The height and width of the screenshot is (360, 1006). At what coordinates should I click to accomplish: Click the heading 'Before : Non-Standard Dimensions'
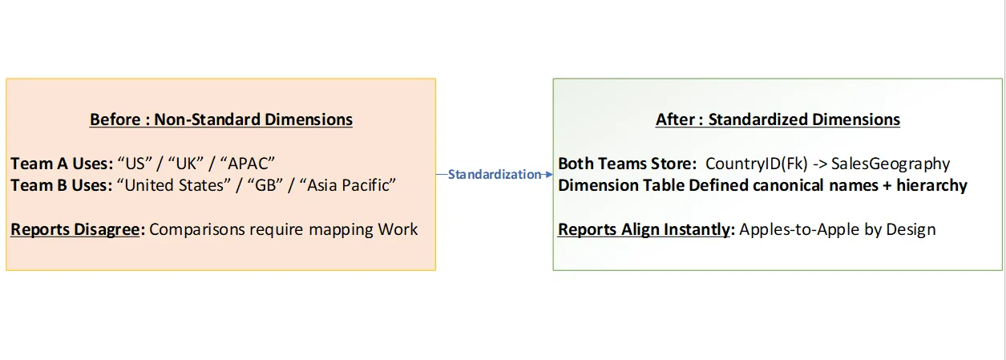(220, 119)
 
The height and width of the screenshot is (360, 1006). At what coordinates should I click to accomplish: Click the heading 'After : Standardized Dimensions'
(778, 119)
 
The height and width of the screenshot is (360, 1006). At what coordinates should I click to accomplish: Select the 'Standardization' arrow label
(494, 174)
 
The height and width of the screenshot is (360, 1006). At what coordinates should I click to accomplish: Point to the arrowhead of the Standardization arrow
(549, 174)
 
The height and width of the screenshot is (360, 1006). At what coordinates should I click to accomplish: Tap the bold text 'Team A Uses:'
(62, 164)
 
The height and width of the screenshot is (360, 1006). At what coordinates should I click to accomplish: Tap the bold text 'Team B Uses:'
(62, 186)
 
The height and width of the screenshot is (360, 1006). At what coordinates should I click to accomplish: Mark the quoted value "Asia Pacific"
(349, 186)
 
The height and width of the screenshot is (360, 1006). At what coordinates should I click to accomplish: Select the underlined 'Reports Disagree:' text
(78, 229)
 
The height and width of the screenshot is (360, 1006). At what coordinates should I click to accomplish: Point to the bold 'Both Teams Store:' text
(627, 164)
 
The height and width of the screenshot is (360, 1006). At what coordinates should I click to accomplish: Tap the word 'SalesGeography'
(891, 164)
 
